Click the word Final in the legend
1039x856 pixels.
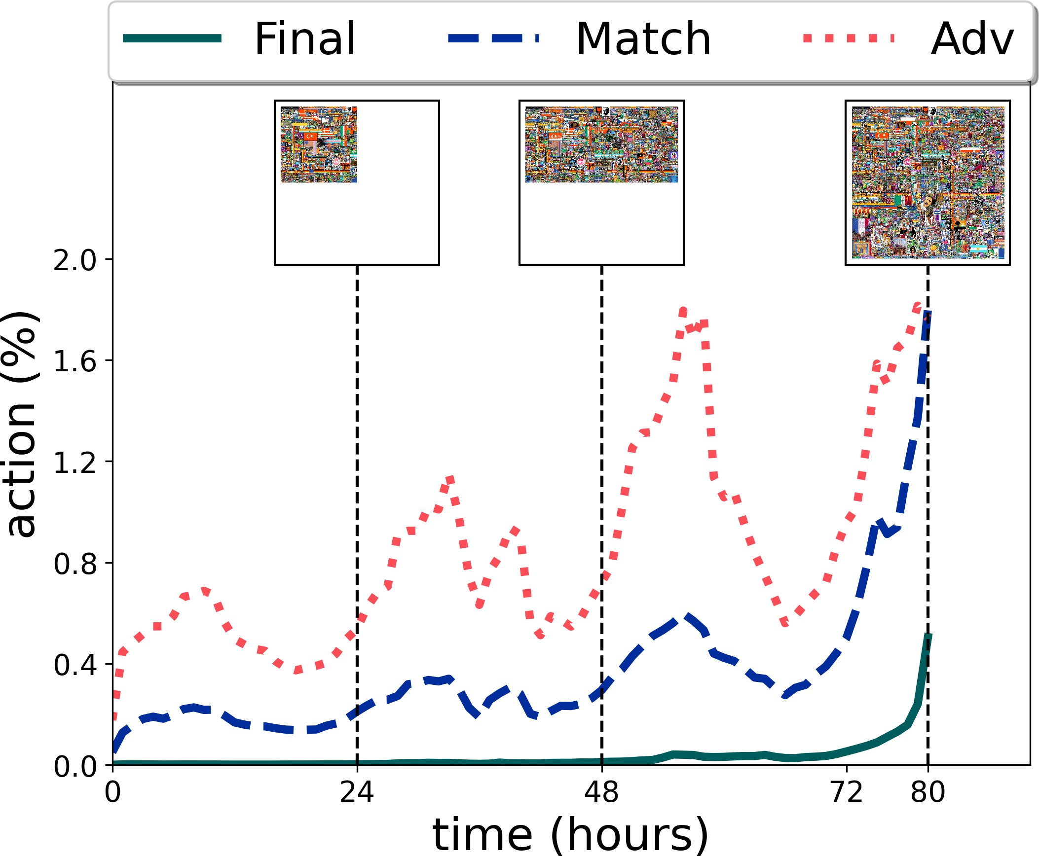click(305, 39)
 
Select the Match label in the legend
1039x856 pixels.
click(643, 39)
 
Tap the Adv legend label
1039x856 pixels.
click(972, 39)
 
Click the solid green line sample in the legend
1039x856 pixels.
click(172, 38)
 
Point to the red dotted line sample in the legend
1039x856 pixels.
click(849, 38)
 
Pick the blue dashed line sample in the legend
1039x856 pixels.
click(494, 38)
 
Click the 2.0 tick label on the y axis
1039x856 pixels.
click(75, 260)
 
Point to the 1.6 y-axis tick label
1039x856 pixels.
click(75, 362)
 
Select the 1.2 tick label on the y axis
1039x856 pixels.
click(75, 463)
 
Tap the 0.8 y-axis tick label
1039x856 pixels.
click(75, 564)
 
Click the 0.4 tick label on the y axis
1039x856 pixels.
click(75, 665)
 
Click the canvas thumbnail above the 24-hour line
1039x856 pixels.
click(357, 182)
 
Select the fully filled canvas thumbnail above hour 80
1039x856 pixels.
click(928, 182)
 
